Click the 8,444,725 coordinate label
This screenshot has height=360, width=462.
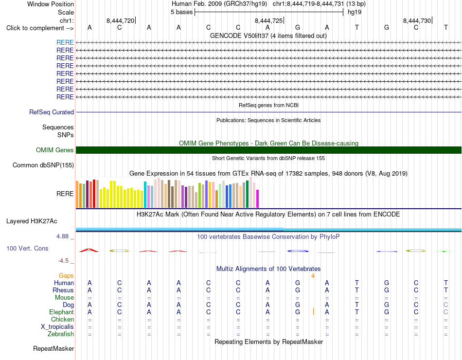click(x=268, y=20)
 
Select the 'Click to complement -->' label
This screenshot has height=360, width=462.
click(x=40, y=28)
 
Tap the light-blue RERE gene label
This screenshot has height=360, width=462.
click(x=65, y=42)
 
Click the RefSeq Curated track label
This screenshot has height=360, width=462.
click(x=52, y=112)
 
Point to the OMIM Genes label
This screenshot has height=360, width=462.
click(x=55, y=150)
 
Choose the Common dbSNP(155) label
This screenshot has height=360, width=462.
click(x=43, y=165)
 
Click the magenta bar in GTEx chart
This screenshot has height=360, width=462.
click(x=258, y=198)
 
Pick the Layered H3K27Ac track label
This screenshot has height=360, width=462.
click(x=32, y=221)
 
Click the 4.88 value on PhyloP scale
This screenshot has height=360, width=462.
click(x=62, y=236)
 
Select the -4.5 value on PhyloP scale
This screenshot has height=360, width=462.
click(x=63, y=261)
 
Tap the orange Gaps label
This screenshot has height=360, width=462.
click(x=66, y=275)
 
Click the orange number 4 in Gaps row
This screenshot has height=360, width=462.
click(x=313, y=276)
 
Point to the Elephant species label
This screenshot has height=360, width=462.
click(x=62, y=312)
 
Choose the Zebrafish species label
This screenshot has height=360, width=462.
click(x=61, y=334)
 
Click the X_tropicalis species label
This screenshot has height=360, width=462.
click(x=57, y=327)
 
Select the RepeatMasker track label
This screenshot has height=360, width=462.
click(x=53, y=348)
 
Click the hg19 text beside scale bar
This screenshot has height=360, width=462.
click(x=355, y=12)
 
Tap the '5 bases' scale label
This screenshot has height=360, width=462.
click(x=181, y=12)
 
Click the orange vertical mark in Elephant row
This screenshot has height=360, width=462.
click(x=313, y=311)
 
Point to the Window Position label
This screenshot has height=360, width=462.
click(x=51, y=4)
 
